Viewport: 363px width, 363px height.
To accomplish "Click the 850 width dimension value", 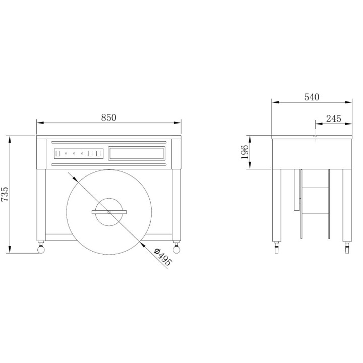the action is coord(108,117).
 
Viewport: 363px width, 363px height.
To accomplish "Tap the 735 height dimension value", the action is coord(5,194).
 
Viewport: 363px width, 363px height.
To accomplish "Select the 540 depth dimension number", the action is coord(312,97).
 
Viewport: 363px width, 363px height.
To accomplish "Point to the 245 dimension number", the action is coord(334,119).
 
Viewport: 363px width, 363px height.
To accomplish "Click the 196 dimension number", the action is coord(245,152).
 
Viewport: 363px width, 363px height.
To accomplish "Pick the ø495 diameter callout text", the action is coord(163,257).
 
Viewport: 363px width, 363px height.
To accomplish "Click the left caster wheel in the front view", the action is coord(41,250).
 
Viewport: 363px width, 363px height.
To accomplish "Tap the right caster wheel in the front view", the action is coord(176,250).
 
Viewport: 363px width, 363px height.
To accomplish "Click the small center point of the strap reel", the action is coord(109,212).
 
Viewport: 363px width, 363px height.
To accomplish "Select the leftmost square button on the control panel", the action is coord(58,153).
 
